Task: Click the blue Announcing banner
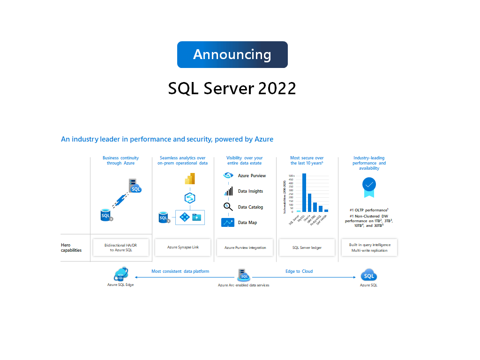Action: [232, 54]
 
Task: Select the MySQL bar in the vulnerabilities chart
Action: [304, 193]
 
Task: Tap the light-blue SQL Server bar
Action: [299, 211]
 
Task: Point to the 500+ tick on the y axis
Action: [291, 176]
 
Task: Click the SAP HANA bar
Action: [326, 210]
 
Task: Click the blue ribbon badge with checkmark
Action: [369, 187]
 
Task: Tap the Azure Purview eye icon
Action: [228, 175]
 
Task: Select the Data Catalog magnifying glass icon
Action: [228, 207]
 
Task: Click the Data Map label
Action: [247, 223]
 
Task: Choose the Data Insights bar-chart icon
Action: [228, 191]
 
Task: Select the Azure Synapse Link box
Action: [183, 247]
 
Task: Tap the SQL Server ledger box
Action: [307, 247]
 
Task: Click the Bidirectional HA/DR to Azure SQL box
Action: [121, 247]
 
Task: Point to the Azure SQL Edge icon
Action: [120, 274]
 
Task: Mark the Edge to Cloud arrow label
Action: [299, 271]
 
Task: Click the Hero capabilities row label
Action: [71, 247]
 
